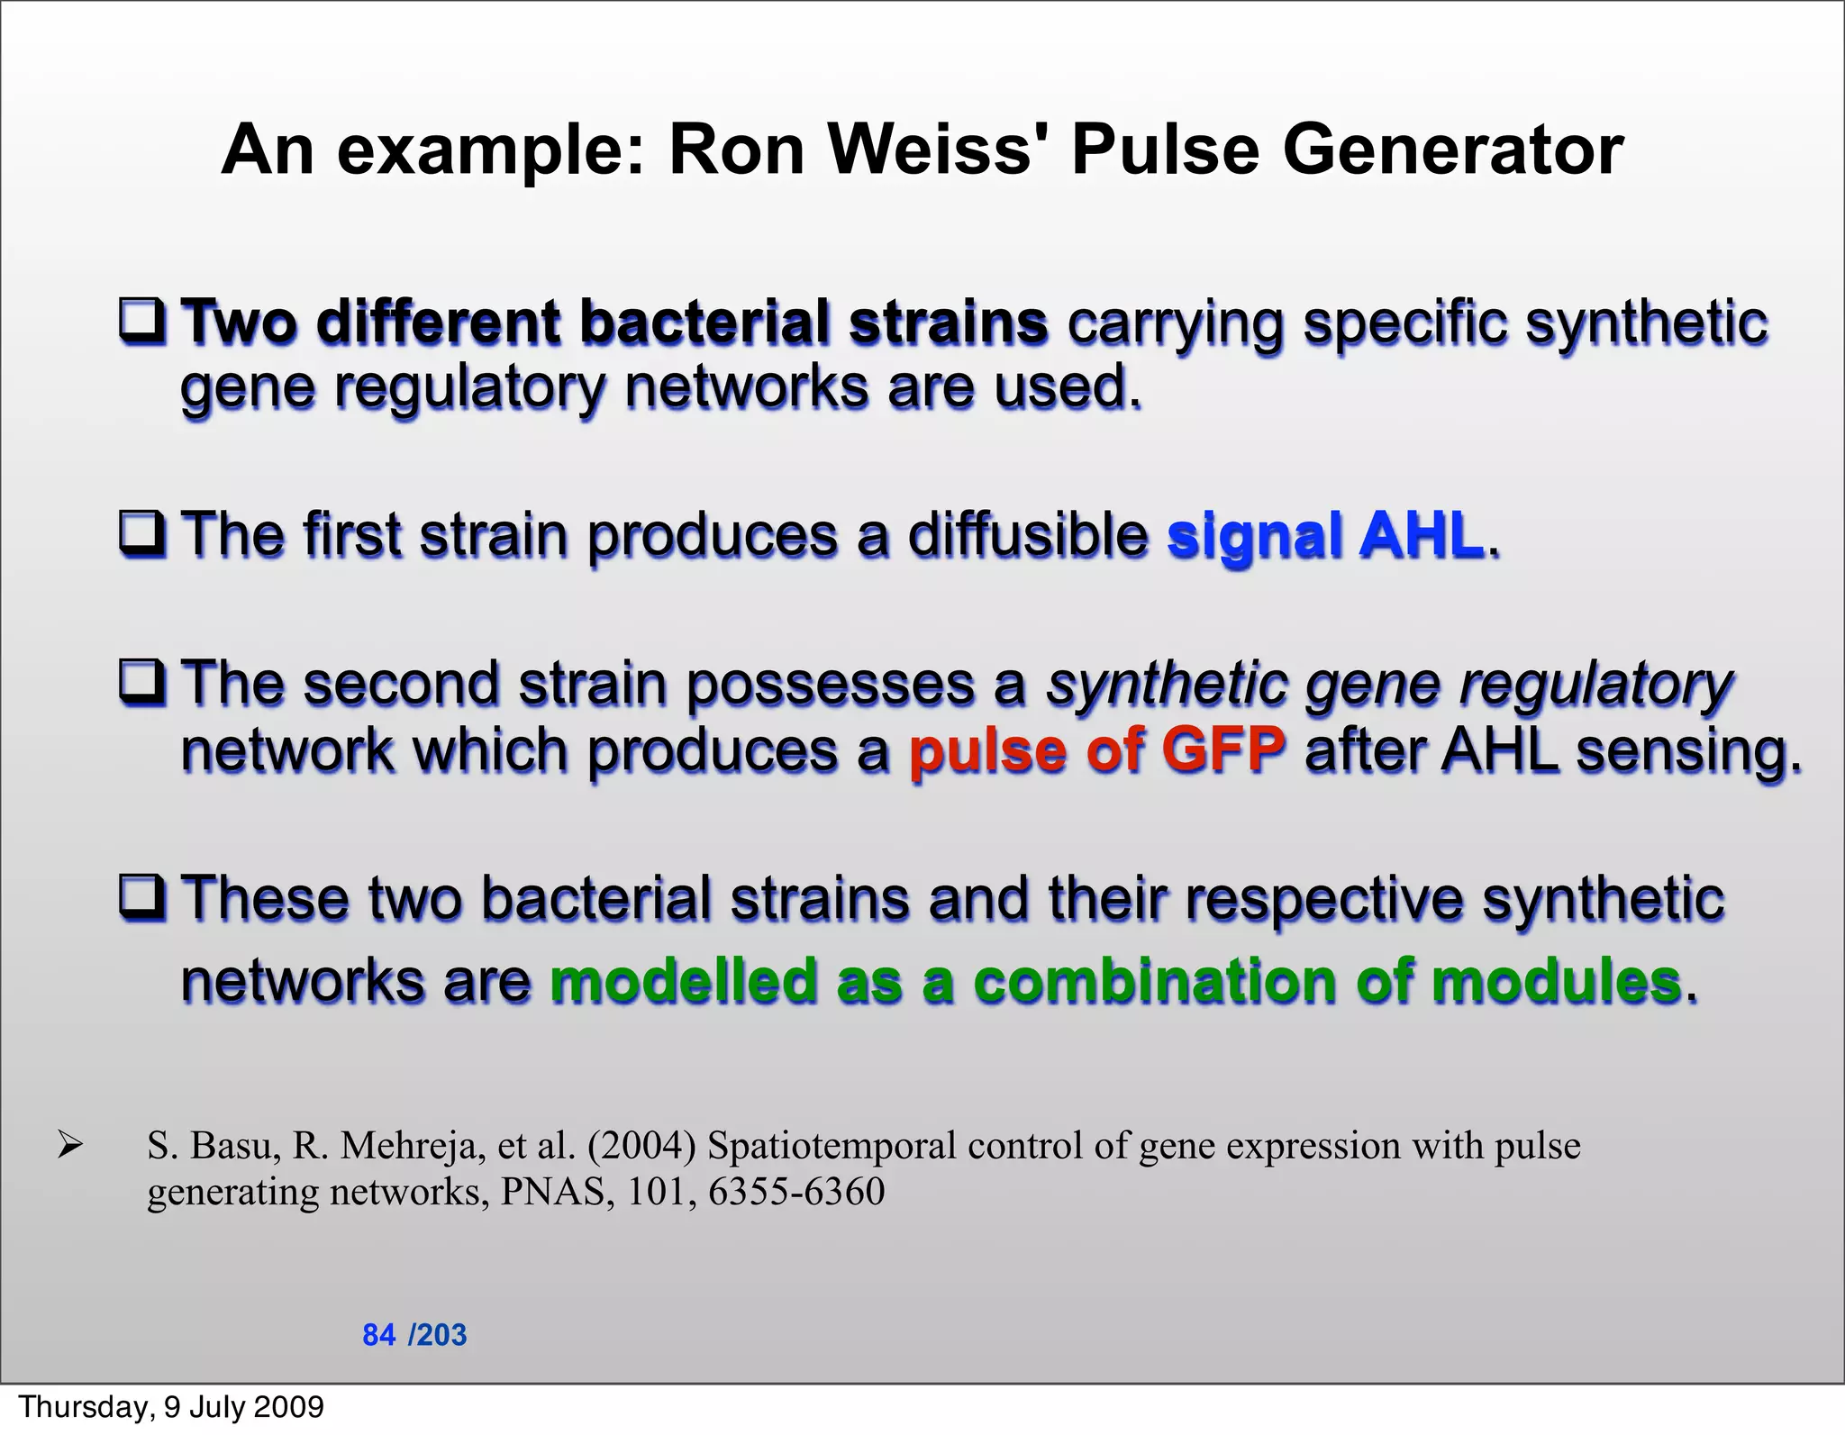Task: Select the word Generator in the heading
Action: click(x=1452, y=150)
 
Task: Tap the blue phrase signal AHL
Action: click(x=1324, y=535)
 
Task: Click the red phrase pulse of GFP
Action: click(x=1096, y=750)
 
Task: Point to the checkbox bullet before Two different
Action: click(x=142, y=322)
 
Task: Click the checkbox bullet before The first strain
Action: click(x=142, y=533)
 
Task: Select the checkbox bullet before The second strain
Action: click(x=142, y=683)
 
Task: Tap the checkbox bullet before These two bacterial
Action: click(x=142, y=897)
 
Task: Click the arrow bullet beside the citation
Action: click(x=69, y=1146)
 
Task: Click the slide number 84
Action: click(x=378, y=1334)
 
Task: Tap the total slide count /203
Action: click(x=438, y=1334)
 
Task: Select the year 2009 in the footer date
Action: click(x=288, y=1406)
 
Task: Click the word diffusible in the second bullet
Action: click(x=1026, y=535)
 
